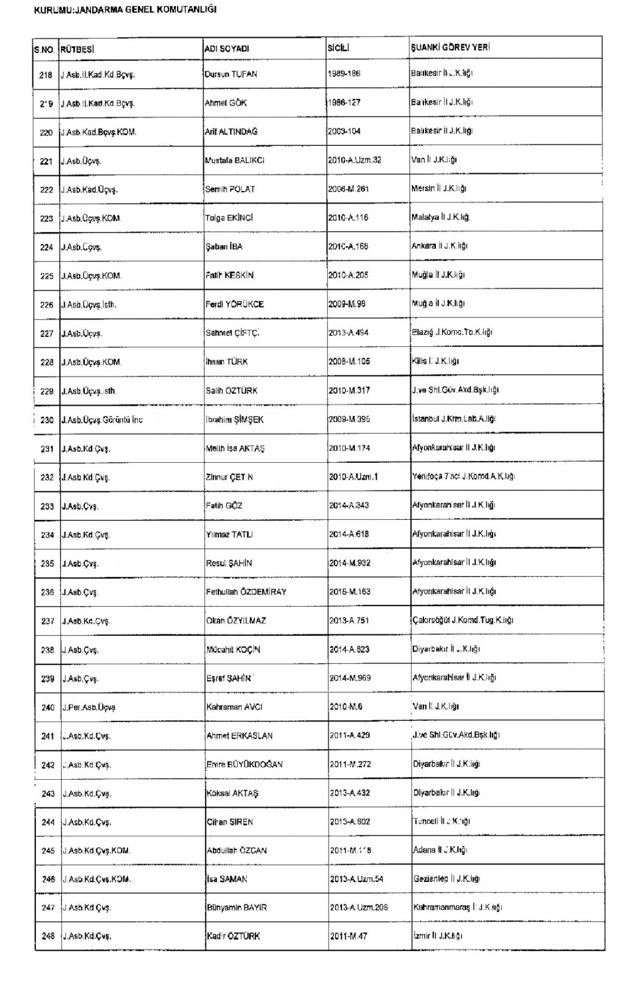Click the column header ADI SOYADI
click(x=227, y=48)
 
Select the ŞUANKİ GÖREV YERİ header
click(x=451, y=48)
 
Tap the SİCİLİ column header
click(x=338, y=48)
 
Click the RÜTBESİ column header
click(x=78, y=48)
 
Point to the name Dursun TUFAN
click(x=231, y=74)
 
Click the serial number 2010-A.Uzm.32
click(x=354, y=160)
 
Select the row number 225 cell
click(x=46, y=276)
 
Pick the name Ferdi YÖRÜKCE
click(x=235, y=304)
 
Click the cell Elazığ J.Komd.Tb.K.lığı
click(x=452, y=332)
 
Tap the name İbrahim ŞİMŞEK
click(x=235, y=420)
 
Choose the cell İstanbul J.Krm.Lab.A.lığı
click(x=454, y=419)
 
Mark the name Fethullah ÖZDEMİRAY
click(x=246, y=592)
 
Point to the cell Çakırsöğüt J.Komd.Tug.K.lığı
click(x=462, y=620)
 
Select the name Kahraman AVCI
click(x=234, y=707)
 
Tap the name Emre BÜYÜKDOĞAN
click(x=245, y=765)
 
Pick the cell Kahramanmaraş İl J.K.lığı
click(x=458, y=907)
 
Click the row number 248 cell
click(x=48, y=936)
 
